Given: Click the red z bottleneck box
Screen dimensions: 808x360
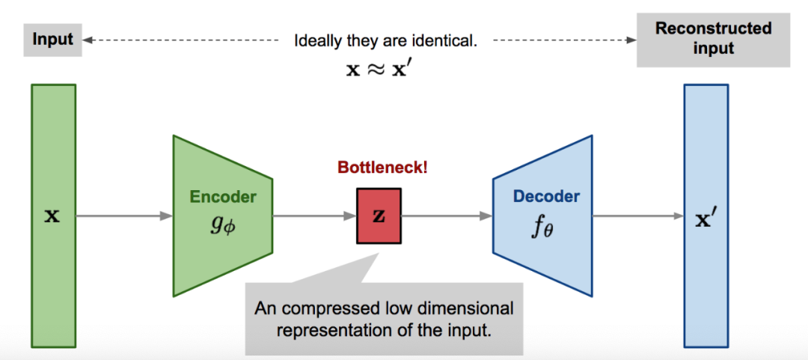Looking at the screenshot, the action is (x=379, y=216).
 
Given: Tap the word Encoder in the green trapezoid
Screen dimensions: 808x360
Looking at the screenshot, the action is (x=223, y=197).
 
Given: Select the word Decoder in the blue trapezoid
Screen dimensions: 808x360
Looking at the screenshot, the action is (x=546, y=196).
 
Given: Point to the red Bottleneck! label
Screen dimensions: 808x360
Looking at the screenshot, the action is (x=383, y=168).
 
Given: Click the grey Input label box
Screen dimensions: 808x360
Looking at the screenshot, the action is (x=52, y=39).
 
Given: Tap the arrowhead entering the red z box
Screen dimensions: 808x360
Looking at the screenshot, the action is (x=350, y=216).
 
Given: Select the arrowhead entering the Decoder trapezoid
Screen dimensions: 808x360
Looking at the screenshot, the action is (x=486, y=216).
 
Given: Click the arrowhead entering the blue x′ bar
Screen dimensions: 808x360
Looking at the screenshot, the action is (x=678, y=216).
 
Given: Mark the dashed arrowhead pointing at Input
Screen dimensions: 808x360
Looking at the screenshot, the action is (x=88, y=40).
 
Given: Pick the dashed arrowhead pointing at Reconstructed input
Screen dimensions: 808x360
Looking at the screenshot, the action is (x=630, y=40).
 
